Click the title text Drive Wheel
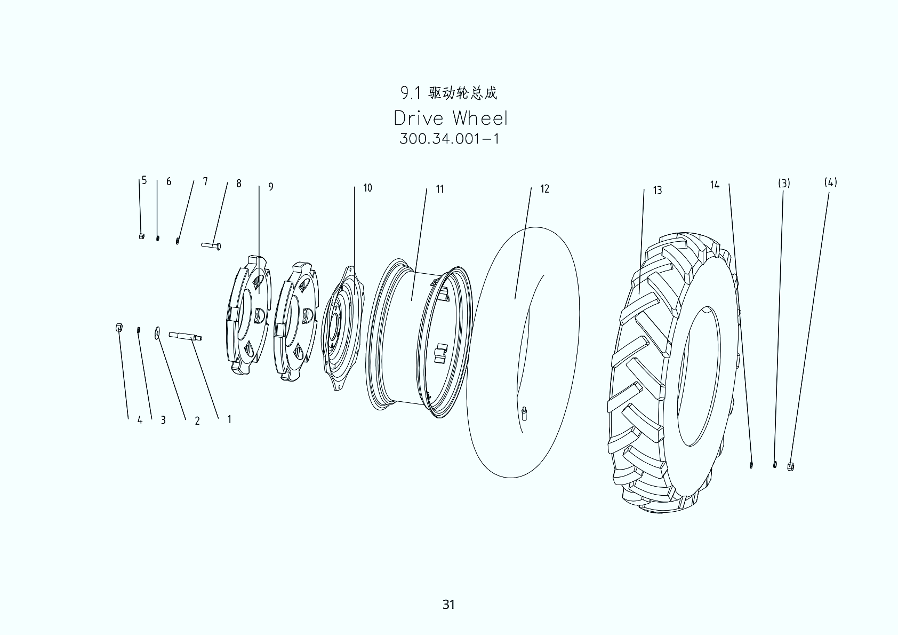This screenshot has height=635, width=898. click(451, 118)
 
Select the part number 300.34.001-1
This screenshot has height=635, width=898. click(449, 139)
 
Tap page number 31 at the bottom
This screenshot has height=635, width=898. click(448, 604)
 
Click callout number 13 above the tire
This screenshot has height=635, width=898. click(657, 190)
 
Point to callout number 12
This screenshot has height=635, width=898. click(544, 189)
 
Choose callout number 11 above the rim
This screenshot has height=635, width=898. click(439, 189)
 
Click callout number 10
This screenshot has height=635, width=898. click(367, 188)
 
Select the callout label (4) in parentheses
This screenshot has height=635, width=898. click(830, 182)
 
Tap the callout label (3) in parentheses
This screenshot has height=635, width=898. click(783, 184)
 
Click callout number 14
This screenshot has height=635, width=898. click(715, 185)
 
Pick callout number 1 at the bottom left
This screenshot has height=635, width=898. click(229, 419)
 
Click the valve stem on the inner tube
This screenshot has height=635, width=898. click(525, 413)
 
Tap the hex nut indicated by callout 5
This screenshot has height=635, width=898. click(141, 236)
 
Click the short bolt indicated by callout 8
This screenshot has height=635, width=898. click(211, 245)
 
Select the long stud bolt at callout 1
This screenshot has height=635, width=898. click(185, 336)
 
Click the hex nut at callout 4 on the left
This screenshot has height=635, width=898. click(119, 327)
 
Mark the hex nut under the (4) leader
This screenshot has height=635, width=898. click(791, 466)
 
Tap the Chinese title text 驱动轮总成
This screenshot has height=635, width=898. click(463, 93)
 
